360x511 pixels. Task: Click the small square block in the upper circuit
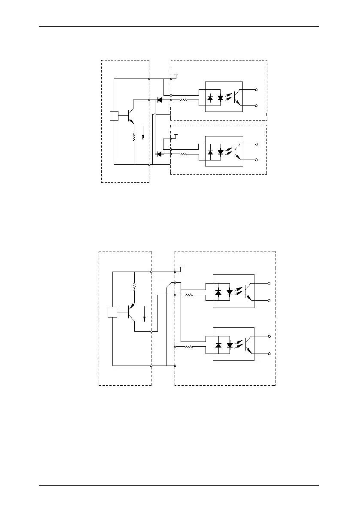(114, 116)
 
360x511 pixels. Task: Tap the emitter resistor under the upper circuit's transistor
(134, 137)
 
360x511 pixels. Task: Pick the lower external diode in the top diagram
(159, 154)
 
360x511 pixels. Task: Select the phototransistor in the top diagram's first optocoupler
(237, 98)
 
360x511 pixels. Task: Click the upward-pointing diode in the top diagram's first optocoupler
(210, 98)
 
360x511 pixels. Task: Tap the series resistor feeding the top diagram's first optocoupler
(184, 100)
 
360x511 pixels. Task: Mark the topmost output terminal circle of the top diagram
(257, 90)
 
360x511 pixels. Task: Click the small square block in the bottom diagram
(112, 312)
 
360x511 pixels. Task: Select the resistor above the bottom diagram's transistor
(135, 286)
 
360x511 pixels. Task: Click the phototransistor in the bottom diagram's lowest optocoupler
(248, 345)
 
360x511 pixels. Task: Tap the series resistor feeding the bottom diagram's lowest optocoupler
(189, 347)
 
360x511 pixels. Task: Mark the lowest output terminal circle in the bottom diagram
(269, 354)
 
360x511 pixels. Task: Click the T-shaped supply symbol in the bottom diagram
(181, 269)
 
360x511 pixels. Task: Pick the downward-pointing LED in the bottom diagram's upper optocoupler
(230, 293)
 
